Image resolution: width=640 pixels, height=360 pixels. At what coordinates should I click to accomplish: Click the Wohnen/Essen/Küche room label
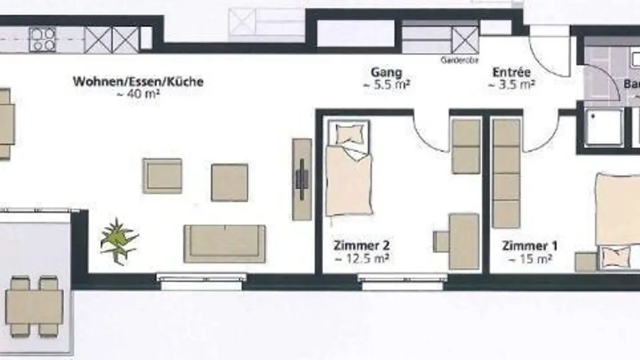pos(138,82)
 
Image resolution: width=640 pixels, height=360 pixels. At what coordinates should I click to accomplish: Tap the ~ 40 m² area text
pos(138,94)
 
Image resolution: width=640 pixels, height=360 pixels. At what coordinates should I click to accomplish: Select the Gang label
pos(386,72)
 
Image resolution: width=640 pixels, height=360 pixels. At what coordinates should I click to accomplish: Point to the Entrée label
pos(512,72)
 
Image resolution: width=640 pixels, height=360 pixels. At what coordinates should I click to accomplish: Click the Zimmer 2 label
pos(362,246)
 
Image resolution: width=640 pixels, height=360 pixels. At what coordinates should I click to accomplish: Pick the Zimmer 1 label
pos(529,246)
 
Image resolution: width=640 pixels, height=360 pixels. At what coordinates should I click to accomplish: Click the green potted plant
pos(118,240)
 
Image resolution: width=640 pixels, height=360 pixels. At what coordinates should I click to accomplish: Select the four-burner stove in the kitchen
pos(43,40)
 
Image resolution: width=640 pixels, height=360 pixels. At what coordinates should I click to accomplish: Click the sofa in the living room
pos(224,243)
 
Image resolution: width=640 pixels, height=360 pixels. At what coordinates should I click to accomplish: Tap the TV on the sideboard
pos(302,179)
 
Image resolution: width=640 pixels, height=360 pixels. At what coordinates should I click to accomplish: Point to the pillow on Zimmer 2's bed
pos(350,133)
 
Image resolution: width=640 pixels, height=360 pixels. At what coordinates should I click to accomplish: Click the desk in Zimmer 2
pos(463,241)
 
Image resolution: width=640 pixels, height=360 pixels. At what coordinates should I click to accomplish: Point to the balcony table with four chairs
pos(34,307)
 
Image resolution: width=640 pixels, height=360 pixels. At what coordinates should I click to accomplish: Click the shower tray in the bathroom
pos(604,128)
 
